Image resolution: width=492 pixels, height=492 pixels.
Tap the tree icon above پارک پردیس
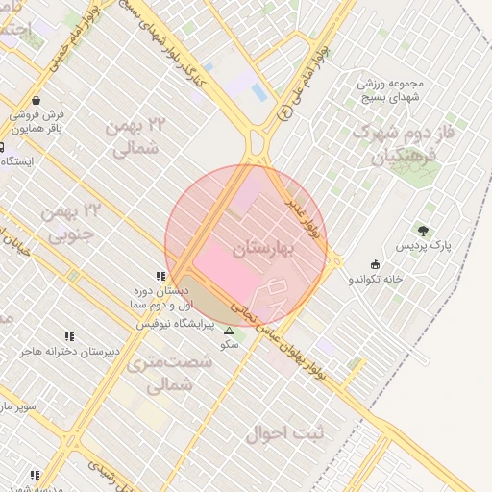423,230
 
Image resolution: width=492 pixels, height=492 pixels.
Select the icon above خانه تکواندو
374,265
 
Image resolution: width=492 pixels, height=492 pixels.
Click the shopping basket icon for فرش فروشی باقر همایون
36,100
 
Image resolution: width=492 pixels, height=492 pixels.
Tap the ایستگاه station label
19,160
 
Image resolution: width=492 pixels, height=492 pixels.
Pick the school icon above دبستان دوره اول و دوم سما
160,276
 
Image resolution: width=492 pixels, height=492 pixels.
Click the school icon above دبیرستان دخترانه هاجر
69,336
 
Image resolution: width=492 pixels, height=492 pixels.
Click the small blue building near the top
258,93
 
